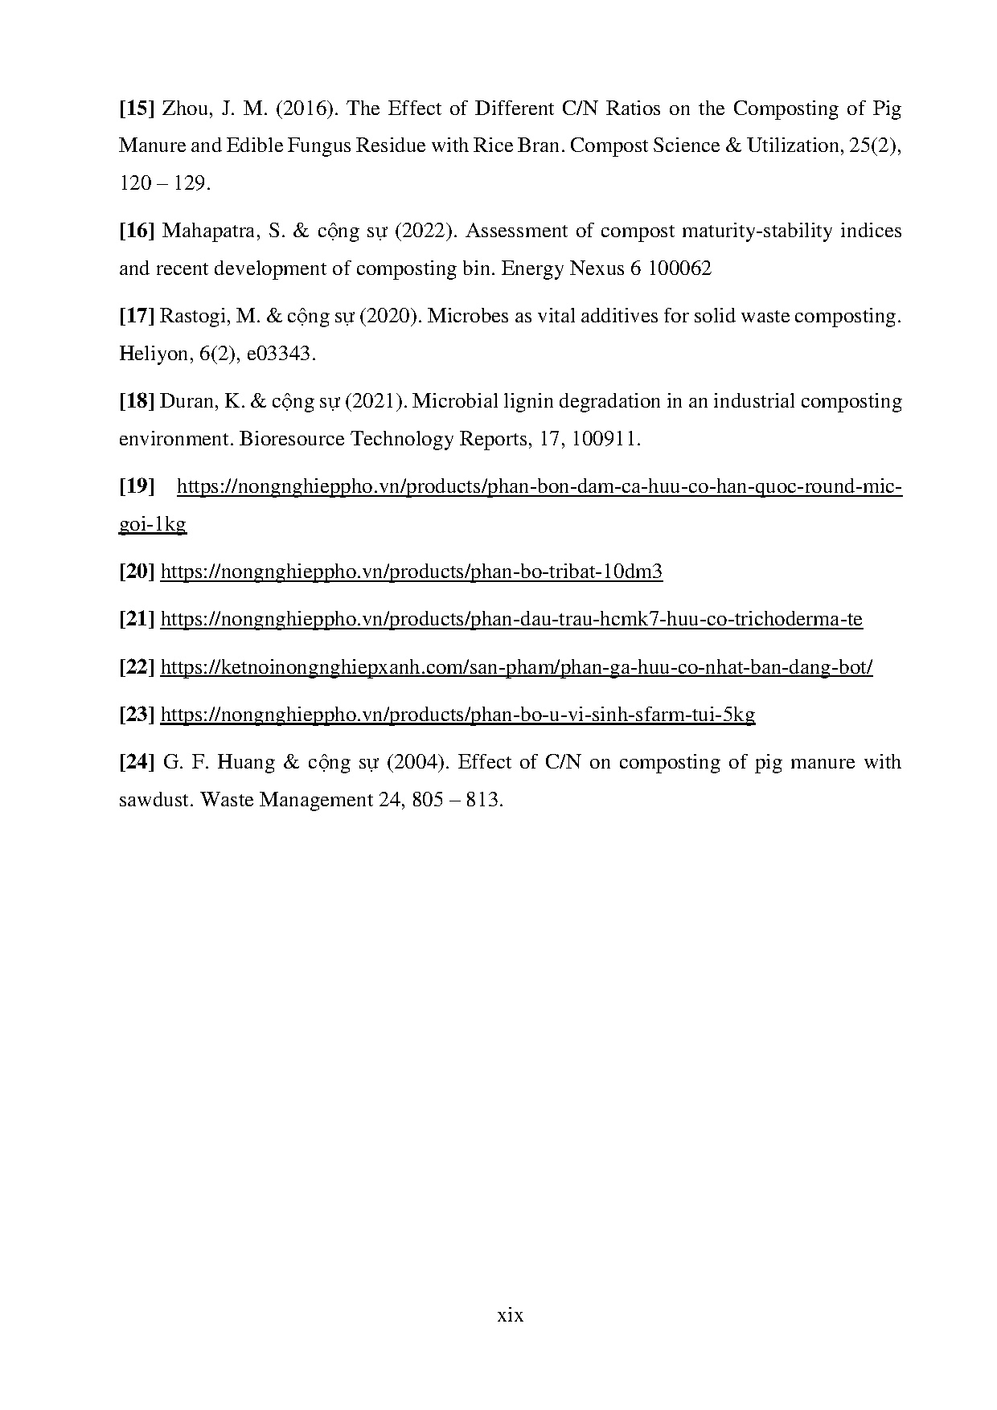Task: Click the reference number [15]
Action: pos(136,109)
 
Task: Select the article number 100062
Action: pos(679,269)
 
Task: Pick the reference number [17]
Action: pos(136,317)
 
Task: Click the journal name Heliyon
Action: pos(152,355)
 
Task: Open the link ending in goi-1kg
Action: pos(152,524)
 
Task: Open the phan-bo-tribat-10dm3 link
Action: pos(411,572)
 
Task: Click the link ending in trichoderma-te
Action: pos(511,619)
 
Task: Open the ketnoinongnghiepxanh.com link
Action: pos(516,666)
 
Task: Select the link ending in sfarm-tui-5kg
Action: pos(457,714)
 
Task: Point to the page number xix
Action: pos(510,1316)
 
